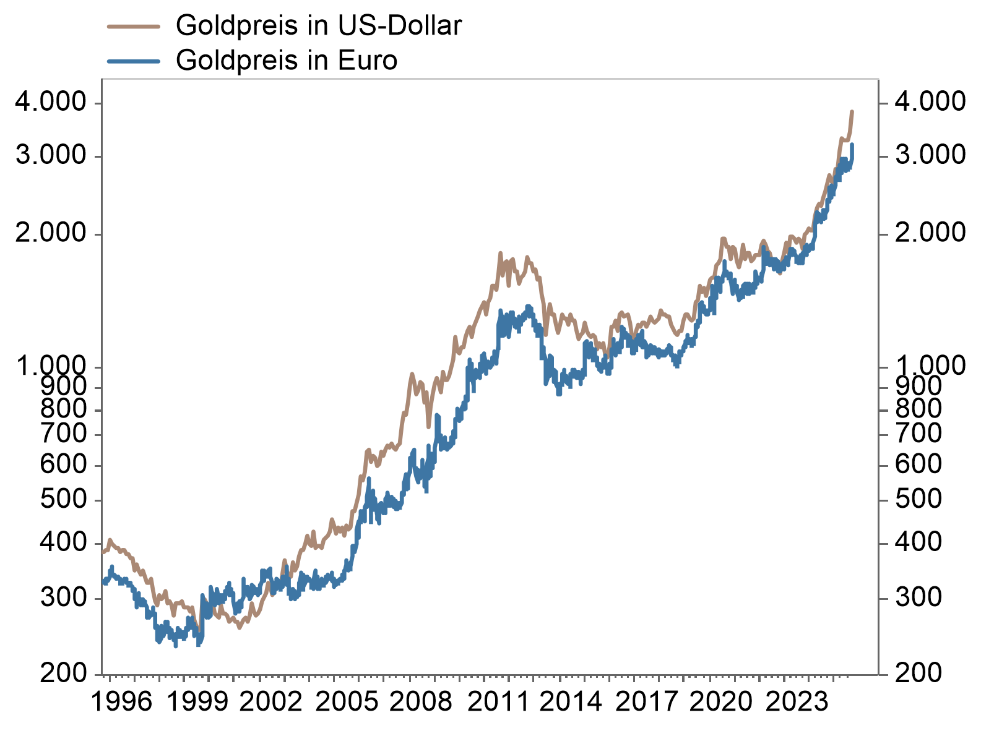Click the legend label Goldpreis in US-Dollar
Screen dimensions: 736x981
pos(318,26)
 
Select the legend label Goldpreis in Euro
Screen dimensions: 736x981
pos(286,61)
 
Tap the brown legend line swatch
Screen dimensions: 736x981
pos(134,27)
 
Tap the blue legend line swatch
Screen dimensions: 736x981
pos(134,61)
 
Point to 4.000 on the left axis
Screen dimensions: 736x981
pos(51,102)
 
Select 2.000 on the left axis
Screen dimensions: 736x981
pos(51,233)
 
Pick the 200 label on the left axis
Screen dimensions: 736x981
pos(64,673)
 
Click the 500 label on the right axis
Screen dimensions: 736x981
pos(918,499)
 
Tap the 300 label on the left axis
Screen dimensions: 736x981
pos(64,597)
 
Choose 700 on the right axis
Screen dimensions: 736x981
pos(918,434)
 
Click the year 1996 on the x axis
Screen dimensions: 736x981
pos(121,702)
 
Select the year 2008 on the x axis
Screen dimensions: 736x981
pos(421,702)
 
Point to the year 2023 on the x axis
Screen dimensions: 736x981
pos(797,702)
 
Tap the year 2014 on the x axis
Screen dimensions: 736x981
pos(571,702)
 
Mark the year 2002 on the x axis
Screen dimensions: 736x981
pos(271,702)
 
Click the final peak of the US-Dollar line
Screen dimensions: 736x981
pos(852,112)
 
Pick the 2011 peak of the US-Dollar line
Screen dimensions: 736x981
pos(499,254)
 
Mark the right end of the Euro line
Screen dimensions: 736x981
pos(852,145)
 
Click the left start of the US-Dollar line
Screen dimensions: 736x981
pos(103,552)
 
